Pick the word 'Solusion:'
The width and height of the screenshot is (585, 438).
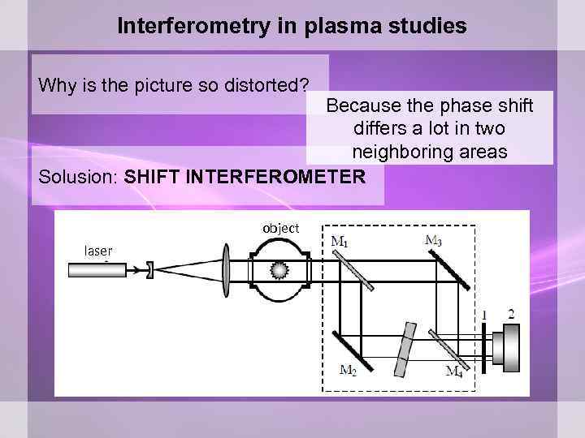click(x=78, y=176)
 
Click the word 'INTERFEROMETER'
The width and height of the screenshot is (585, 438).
click(x=275, y=176)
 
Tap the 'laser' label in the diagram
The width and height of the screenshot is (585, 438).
click(x=98, y=251)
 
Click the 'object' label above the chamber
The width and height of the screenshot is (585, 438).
click(x=280, y=229)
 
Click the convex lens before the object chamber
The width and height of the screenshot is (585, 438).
click(x=225, y=268)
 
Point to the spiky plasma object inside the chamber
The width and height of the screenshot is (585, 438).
click(x=281, y=269)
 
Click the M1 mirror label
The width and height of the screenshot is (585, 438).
click(x=340, y=242)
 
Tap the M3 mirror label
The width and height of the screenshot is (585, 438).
click(x=434, y=239)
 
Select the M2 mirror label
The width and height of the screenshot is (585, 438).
click(x=348, y=371)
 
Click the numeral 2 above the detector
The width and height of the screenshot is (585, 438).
click(x=511, y=314)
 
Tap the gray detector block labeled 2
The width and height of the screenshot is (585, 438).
click(x=511, y=346)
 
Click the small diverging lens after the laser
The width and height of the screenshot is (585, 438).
click(x=149, y=269)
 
